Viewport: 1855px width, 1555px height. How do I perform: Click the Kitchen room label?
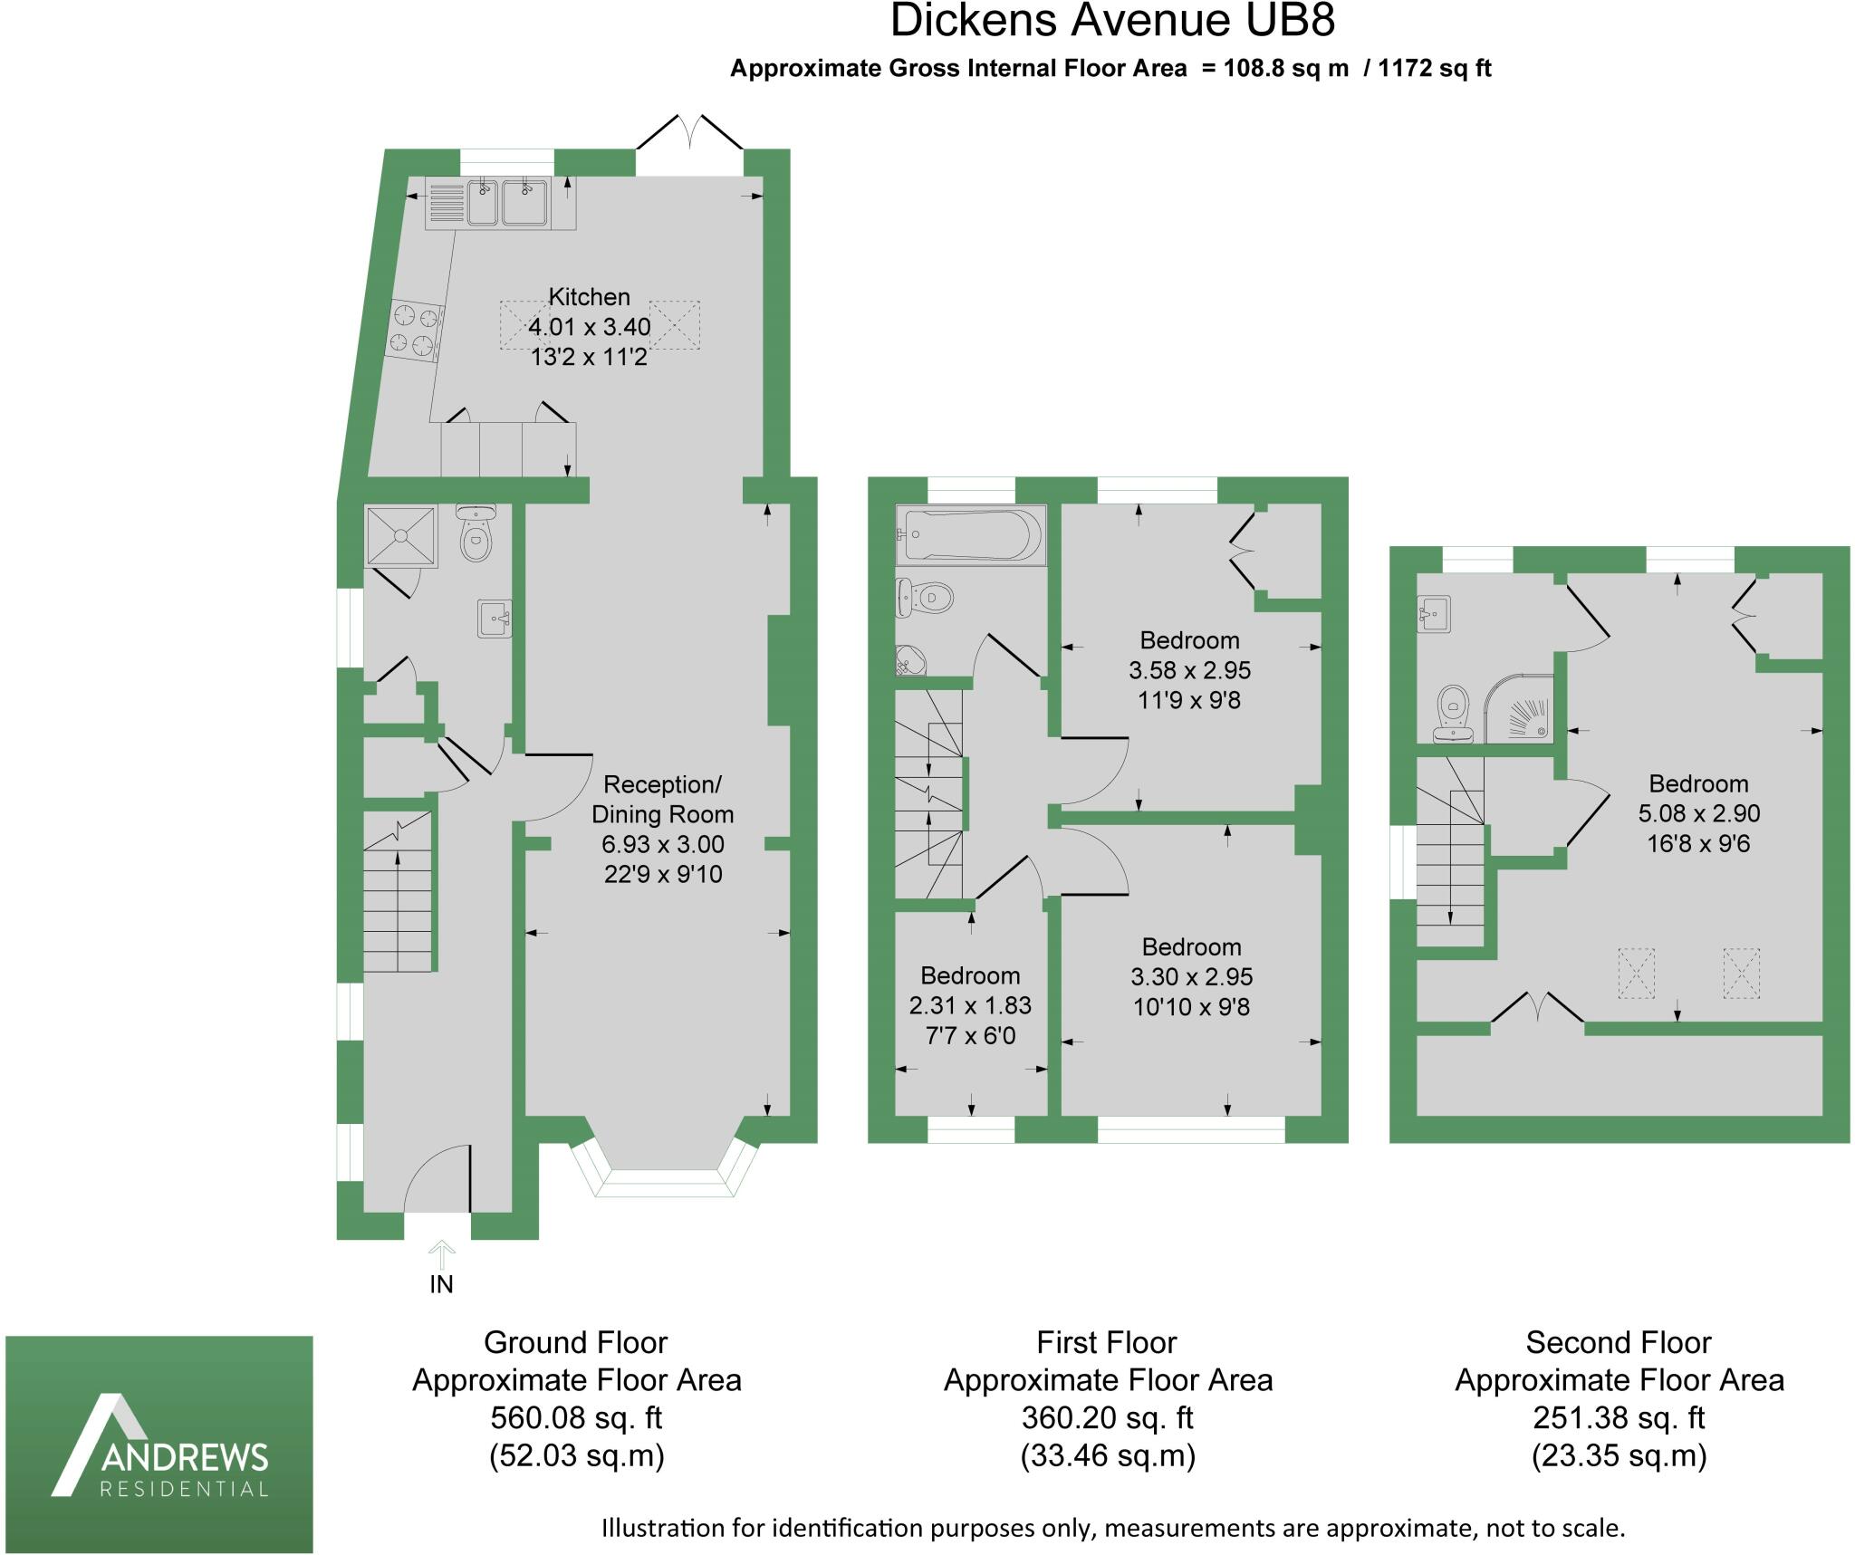[x=590, y=297]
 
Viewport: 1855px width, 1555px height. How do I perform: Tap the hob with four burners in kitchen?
[x=415, y=329]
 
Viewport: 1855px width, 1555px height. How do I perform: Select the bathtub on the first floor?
[x=971, y=534]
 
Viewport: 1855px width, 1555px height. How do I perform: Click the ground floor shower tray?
[x=401, y=536]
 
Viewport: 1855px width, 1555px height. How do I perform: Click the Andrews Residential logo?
[x=159, y=1444]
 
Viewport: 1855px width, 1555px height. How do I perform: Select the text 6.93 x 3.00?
[x=663, y=845]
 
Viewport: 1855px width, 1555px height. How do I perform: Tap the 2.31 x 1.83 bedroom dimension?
[x=970, y=1005]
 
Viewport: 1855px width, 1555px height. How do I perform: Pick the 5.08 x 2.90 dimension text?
[x=1698, y=813]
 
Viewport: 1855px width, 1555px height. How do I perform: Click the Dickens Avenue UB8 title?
[x=1112, y=21]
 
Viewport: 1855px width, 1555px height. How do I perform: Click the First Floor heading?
[x=1107, y=1342]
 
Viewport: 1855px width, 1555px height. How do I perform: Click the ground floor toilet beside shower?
[x=476, y=534]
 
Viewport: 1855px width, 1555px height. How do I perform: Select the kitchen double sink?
[x=506, y=203]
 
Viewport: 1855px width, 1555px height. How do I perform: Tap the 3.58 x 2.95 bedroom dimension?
[x=1189, y=670]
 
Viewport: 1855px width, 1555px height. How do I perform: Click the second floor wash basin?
[x=1435, y=612]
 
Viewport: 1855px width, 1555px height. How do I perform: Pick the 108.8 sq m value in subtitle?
[x=1286, y=69]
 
